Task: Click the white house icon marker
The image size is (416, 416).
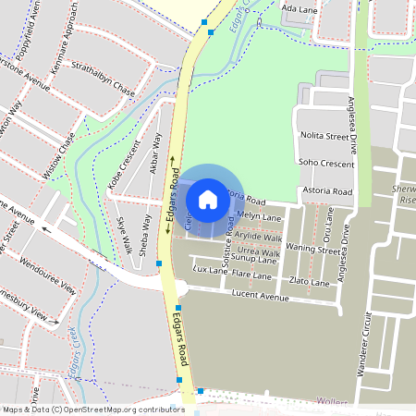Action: click(x=208, y=199)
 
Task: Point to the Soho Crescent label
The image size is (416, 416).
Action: click(x=327, y=164)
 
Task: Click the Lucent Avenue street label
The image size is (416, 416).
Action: click(x=261, y=298)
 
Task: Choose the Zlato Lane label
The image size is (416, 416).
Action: click(x=309, y=282)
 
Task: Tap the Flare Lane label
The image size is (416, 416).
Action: click(x=251, y=275)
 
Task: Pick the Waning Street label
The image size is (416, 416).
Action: click(x=312, y=249)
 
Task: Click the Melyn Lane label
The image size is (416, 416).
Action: click(x=258, y=216)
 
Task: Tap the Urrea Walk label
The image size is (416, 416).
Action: click(x=258, y=251)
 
